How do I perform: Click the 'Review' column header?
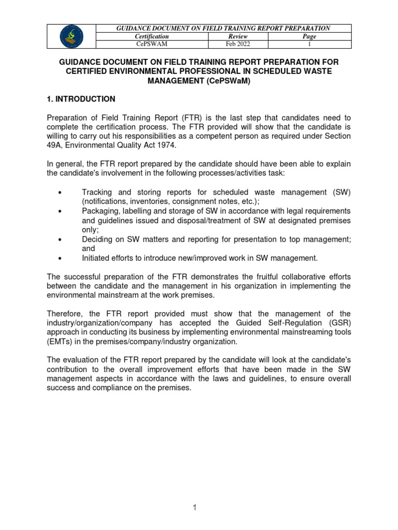pos(238,37)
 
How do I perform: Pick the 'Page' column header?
pos(309,37)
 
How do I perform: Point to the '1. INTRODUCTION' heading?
pos(81,99)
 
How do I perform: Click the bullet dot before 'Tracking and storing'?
pos(61,193)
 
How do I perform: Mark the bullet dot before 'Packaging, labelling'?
pos(61,211)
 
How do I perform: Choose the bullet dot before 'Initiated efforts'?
pos(61,258)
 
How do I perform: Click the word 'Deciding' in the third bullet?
pos(96,239)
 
